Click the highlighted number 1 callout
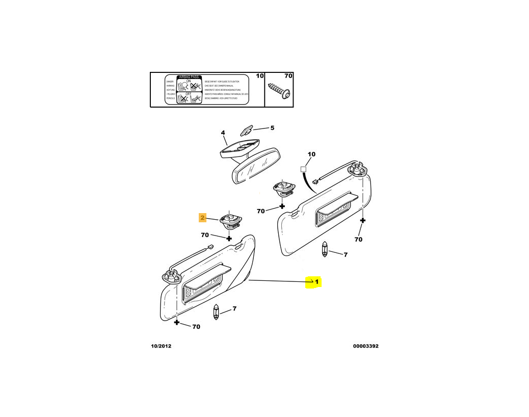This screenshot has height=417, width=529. pyautogui.click(x=316, y=281)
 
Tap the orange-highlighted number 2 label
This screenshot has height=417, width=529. pyautogui.click(x=202, y=218)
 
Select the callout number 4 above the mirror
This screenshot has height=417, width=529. pyautogui.click(x=223, y=133)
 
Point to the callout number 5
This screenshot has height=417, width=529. pyautogui.click(x=272, y=128)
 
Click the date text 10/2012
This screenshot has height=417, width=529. pyautogui.click(x=161, y=346)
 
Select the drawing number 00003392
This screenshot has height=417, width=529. pyautogui.click(x=365, y=346)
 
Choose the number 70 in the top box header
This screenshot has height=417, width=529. pyautogui.click(x=288, y=76)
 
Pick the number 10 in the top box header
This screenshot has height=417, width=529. pyautogui.click(x=259, y=76)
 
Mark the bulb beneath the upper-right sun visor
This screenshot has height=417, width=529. pyautogui.click(x=325, y=251)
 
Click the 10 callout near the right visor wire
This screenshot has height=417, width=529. pyautogui.click(x=311, y=154)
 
